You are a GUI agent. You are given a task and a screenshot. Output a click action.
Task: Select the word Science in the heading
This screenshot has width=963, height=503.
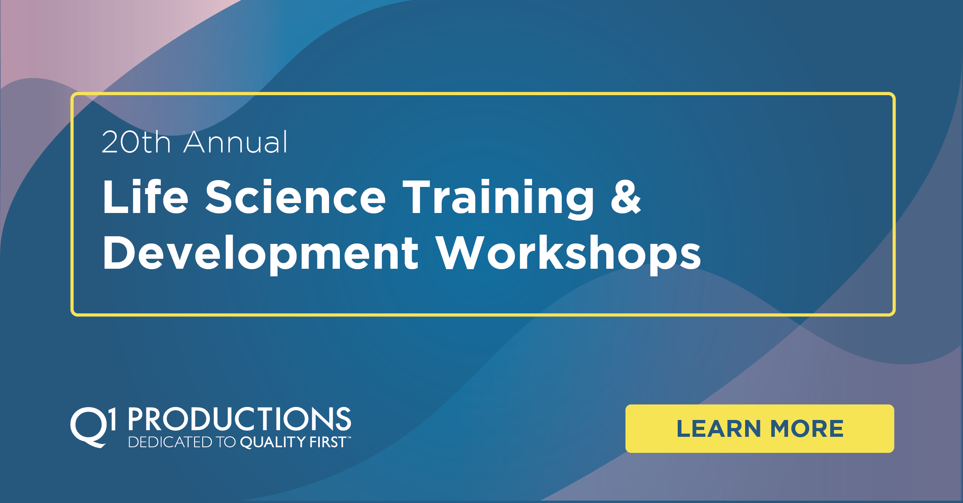coord(295,197)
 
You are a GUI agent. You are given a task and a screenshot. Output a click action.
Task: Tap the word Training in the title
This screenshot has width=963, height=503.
coord(498,199)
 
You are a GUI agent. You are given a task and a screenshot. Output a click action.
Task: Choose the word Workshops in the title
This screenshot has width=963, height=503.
coord(569,254)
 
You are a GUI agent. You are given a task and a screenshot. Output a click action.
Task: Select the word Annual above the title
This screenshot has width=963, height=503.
coord(236,142)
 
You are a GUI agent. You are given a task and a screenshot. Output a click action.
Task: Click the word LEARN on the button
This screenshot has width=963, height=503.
coord(718,429)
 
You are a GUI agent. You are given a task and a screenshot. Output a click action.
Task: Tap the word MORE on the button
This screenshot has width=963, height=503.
coord(807,429)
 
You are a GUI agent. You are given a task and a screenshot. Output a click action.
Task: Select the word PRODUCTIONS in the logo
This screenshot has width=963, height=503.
coord(240,419)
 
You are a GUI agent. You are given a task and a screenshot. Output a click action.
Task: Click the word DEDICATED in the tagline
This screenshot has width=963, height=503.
coord(170,442)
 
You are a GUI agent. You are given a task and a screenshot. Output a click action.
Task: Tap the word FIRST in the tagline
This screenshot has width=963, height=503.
coord(327,442)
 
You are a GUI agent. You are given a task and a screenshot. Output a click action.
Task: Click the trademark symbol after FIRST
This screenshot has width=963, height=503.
coord(349,438)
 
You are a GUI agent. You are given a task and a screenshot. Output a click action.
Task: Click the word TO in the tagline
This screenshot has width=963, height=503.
coord(226,442)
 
